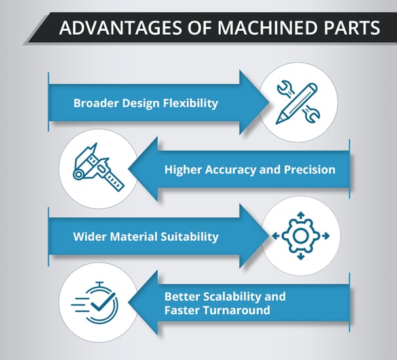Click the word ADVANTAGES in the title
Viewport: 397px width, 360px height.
click(121, 27)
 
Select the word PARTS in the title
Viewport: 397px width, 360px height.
click(352, 27)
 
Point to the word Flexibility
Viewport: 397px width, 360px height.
click(190, 103)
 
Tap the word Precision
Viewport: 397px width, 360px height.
click(310, 170)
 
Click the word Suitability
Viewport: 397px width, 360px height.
click(189, 237)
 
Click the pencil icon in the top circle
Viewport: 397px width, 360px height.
click(296, 103)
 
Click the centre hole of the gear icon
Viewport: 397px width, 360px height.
click(300, 236)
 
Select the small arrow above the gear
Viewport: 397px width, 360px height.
click(301, 215)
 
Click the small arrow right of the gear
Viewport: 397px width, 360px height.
click(326, 236)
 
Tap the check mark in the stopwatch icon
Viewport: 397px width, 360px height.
click(103, 301)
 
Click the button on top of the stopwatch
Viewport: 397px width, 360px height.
click(100, 284)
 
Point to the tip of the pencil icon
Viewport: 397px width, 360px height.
click(277, 123)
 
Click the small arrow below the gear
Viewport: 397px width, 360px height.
click(301, 257)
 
